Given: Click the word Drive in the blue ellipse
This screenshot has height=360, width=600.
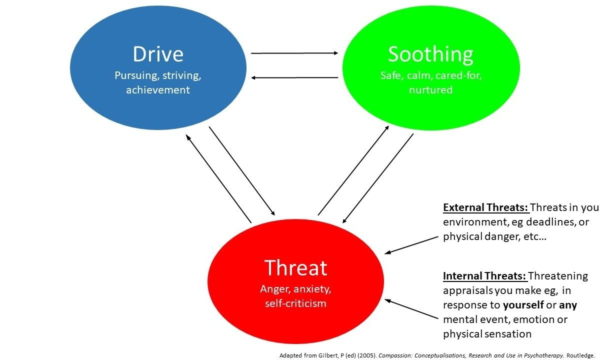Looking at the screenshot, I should point(157,54).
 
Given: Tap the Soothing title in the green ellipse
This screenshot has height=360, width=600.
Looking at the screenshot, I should point(430,54).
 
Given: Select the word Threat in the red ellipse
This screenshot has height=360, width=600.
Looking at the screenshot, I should point(295,268).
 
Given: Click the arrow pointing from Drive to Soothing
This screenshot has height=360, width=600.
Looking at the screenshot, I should point(294,52).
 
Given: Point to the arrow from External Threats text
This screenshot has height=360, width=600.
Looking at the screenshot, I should point(411,245).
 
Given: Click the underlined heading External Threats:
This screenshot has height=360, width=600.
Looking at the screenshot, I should point(485,207).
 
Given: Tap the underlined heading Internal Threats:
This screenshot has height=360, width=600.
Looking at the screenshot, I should point(484,276).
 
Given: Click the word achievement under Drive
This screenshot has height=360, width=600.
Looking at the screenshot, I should point(158,90).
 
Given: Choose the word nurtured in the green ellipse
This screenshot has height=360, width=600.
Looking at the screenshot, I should point(430,90).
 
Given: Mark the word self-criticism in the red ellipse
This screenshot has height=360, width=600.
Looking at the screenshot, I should point(296,303).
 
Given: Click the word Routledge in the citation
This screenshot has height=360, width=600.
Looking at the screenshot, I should point(581,354).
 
